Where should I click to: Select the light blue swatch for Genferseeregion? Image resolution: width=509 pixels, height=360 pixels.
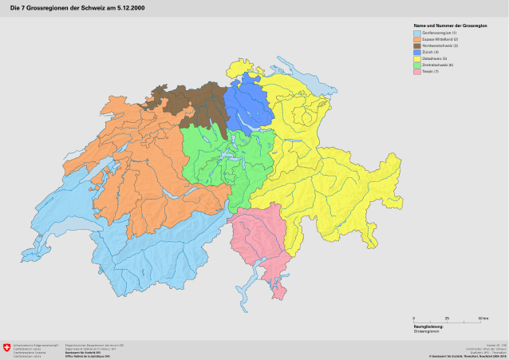tap(417, 33)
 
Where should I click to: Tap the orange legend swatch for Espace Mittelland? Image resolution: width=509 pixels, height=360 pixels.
tap(417, 39)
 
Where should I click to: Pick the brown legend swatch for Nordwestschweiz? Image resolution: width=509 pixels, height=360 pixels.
tap(417, 46)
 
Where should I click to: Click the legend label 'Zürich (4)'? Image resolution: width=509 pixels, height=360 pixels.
tap(431, 53)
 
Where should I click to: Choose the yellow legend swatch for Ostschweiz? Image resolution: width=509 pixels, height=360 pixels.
tap(417, 59)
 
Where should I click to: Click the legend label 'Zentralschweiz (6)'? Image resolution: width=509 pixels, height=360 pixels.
tap(438, 65)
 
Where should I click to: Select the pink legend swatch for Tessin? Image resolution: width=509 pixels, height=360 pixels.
tap(417, 72)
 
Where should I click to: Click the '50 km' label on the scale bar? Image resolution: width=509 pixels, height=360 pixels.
tap(483, 318)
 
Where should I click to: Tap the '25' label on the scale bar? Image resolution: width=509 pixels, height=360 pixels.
tap(447, 318)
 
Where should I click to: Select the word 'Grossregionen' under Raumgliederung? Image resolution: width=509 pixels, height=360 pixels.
tap(424, 331)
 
